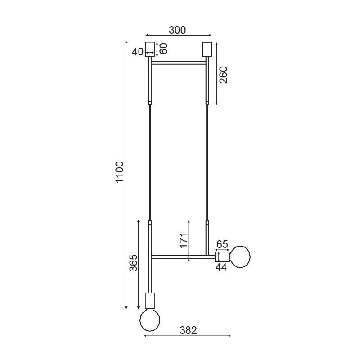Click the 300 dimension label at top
(177, 30)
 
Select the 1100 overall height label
(120, 172)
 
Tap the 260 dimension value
(223, 75)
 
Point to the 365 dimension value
(133, 263)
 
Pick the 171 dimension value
(184, 240)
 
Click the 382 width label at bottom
(188, 330)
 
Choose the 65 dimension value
(222, 244)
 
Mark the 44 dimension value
(221, 267)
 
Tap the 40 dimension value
(138, 52)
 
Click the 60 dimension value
(164, 49)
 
